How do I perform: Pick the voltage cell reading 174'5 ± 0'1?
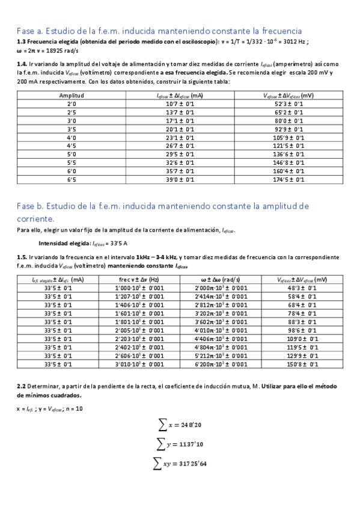pyautogui.click(x=290, y=179)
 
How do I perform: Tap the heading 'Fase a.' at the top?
pyautogui.click(x=31, y=30)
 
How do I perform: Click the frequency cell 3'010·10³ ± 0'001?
pyautogui.click(x=139, y=364)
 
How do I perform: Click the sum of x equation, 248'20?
pyautogui.click(x=181, y=425)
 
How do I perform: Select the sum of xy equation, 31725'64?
pyautogui.click(x=181, y=464)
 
